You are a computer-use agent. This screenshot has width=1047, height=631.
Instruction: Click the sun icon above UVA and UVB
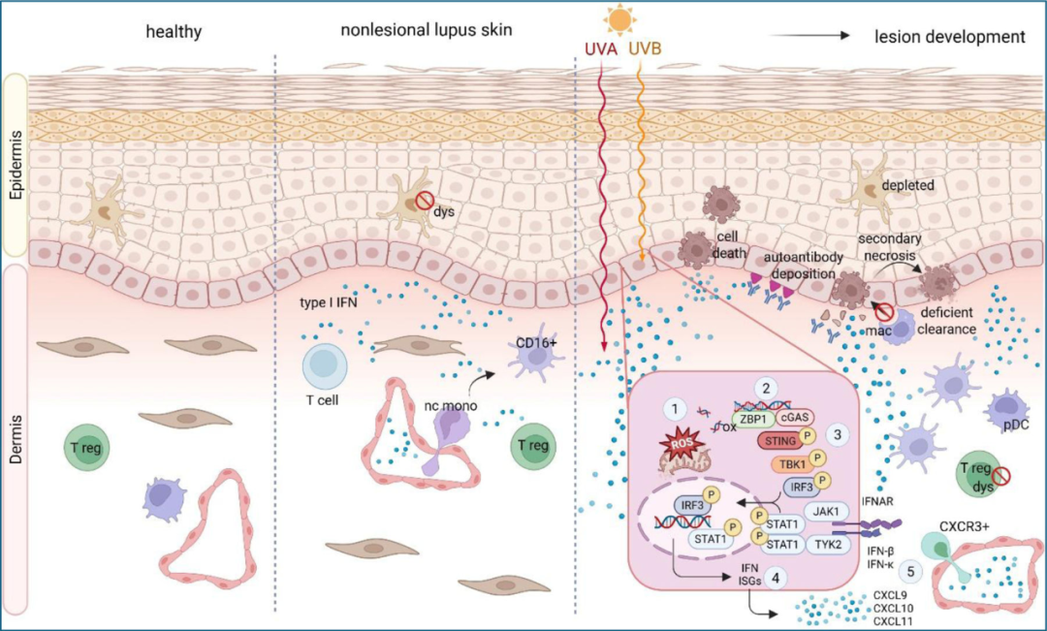tap(617, 18)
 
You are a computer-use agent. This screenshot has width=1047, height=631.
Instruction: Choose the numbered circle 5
tap(909, 570)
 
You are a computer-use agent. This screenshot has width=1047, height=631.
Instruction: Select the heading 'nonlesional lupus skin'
tap(426, 31)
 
